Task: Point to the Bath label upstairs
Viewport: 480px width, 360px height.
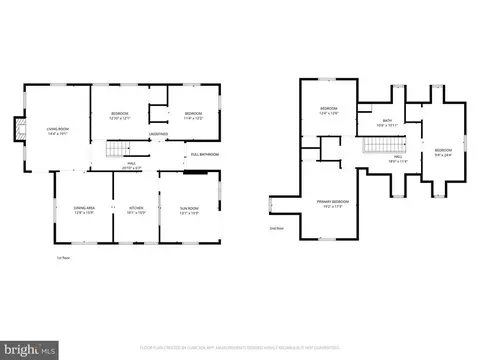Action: tap(387, 122)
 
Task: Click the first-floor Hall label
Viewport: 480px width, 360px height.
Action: tap(132, 165)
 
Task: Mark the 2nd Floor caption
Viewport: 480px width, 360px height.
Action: tap(277, 229)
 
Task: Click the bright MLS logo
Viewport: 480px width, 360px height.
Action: tap(29, 349)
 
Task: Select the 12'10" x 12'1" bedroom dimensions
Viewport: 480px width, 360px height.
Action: tap(119, 117)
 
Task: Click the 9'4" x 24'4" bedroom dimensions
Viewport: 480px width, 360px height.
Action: tap(441, 154)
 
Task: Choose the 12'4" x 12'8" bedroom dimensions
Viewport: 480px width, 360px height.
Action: tap(329, 112)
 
